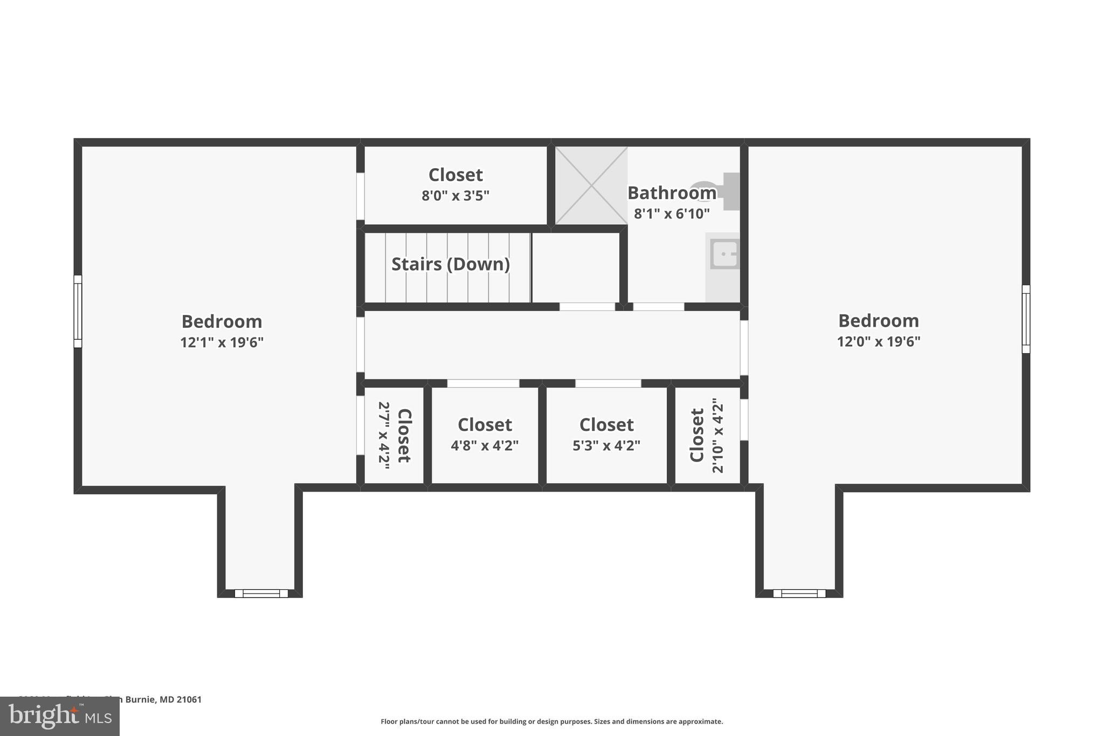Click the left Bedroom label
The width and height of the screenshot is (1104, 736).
tap(222, 321)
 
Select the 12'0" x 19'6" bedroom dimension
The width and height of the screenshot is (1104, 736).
tap(878, 342)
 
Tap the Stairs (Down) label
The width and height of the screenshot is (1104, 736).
tap(450, 264)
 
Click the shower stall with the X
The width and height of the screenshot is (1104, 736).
tap(591, 185)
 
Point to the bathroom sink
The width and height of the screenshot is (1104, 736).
tap(723, 254)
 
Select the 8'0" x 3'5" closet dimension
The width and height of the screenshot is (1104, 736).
tap(455, 196)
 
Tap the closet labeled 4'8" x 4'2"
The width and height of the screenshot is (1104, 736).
tap(485, 435)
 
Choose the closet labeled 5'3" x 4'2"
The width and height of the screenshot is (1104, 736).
tap(606, 435)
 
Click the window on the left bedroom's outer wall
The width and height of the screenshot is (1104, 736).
tap(78, 311)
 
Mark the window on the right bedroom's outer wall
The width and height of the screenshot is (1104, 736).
tap(1026, 319)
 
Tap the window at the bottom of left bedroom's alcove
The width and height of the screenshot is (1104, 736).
tap(261, 594)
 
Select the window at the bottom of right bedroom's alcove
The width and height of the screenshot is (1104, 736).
tap(799, 594)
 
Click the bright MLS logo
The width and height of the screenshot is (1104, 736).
tap(60, 716)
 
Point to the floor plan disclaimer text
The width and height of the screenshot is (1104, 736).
tap(551, 721)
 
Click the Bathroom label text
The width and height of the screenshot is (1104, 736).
tap(672, 193)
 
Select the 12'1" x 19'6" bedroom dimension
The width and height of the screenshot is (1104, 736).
tap(222, 343)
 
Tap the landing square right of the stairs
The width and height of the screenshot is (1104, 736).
tap(575, 267)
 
